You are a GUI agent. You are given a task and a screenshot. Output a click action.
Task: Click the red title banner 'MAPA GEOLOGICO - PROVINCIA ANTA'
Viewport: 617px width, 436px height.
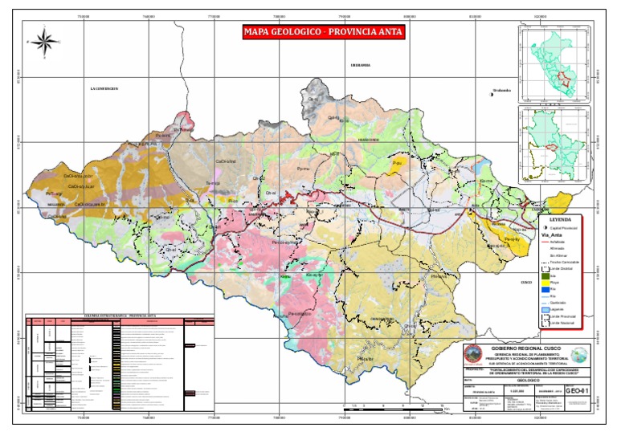click(x=324, y=33)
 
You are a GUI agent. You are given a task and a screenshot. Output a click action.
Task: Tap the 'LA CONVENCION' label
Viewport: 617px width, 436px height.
click(x=104, y=88)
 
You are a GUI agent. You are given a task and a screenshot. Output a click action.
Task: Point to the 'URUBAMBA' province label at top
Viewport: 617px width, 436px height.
click(x=359, y=64)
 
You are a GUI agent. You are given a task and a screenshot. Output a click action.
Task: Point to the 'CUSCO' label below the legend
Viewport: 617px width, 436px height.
click(x=527, y=283)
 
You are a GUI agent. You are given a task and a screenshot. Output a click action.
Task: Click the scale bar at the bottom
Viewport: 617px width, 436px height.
click(x=394, y=408)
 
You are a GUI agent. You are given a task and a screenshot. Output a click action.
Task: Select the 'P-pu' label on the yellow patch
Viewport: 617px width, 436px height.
click(x=396, y=164)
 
